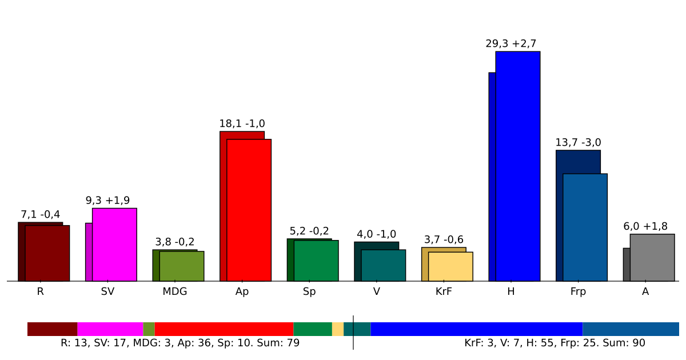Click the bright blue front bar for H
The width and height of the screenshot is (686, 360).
[x=517, y=166]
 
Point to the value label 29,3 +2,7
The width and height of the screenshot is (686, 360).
[x=511, y=44]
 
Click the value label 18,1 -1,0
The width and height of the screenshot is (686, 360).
[x=242, y=124]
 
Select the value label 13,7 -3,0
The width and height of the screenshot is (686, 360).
[x=578, y=143]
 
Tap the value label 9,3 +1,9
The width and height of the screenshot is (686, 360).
[x=107, y=201]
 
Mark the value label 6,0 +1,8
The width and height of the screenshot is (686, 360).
[x=645, y=226]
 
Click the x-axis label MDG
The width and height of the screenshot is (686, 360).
[x=175, y=291]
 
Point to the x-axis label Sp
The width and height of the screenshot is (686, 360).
[x=309, y=291]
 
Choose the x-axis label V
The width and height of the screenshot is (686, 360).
[x=376, y=291]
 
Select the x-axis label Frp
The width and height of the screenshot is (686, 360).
[x=578, y=291]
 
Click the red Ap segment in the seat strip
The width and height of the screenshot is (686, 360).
[x=224, y=329]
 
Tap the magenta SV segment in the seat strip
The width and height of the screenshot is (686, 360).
[x=110, y=329]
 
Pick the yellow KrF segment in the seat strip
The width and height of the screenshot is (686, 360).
[x=338, y=329]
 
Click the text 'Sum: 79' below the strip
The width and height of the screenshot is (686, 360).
[x=279, y=343]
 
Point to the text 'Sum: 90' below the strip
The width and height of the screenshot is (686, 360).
[x=625, y=343]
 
